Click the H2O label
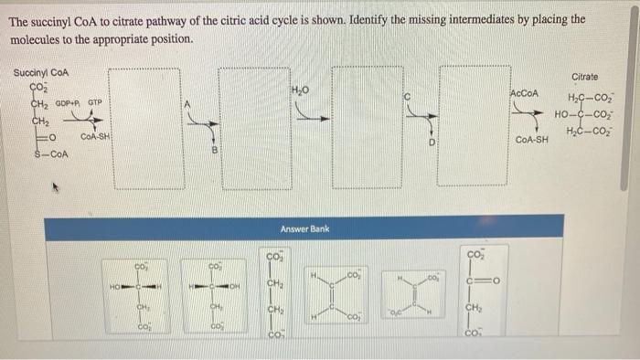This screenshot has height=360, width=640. point(302,90)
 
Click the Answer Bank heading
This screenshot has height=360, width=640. point(304,228)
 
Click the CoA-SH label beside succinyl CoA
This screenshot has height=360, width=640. point(96,137)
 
